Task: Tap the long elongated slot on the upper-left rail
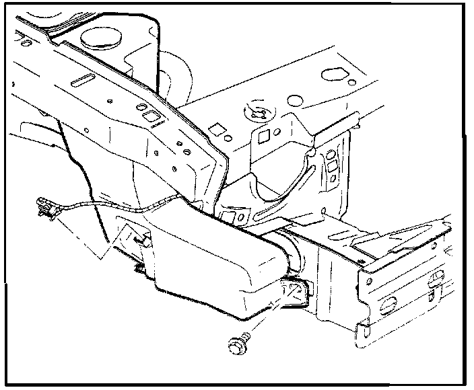point(84,81)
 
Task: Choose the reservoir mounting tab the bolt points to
point(294,290)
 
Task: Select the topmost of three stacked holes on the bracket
point(331,156)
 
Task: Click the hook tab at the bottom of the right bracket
point(362,329)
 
